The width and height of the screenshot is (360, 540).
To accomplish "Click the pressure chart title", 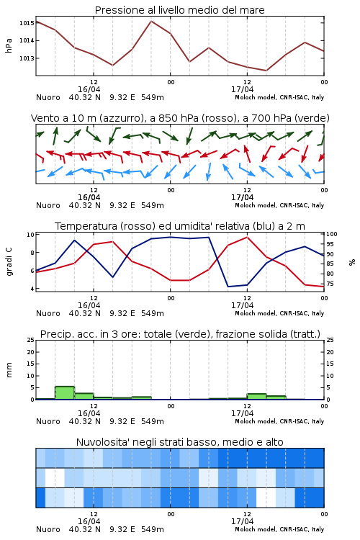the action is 179,10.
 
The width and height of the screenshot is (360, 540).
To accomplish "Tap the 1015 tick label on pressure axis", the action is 27,23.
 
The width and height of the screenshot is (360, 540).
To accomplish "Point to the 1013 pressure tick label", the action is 27,58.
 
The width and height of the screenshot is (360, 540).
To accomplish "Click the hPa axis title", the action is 9,45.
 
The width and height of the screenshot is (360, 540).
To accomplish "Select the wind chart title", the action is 180,118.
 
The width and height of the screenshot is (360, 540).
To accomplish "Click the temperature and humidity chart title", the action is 180,226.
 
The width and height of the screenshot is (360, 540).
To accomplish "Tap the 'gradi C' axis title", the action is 9,261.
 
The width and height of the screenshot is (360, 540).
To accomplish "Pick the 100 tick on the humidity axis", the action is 332,234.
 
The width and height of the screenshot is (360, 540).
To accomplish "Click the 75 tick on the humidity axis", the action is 330,284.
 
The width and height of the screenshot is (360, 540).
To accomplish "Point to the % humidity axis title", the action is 352,262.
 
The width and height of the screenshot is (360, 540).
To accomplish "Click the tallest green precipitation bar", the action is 65,393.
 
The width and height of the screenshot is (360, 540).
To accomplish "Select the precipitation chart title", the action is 180,334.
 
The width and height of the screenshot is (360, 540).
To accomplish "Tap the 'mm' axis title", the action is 9,370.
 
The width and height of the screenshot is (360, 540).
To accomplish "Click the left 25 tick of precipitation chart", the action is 31,340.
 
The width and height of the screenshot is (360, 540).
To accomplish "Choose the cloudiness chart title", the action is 179,442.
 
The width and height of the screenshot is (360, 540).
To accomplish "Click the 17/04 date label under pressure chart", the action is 242,89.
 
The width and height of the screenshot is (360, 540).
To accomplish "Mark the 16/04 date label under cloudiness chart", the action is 89,521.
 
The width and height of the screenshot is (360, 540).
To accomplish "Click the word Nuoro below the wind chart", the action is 48,205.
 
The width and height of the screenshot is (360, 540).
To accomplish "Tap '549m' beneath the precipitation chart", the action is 152,421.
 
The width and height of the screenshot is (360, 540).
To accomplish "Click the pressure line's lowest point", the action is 266,71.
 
